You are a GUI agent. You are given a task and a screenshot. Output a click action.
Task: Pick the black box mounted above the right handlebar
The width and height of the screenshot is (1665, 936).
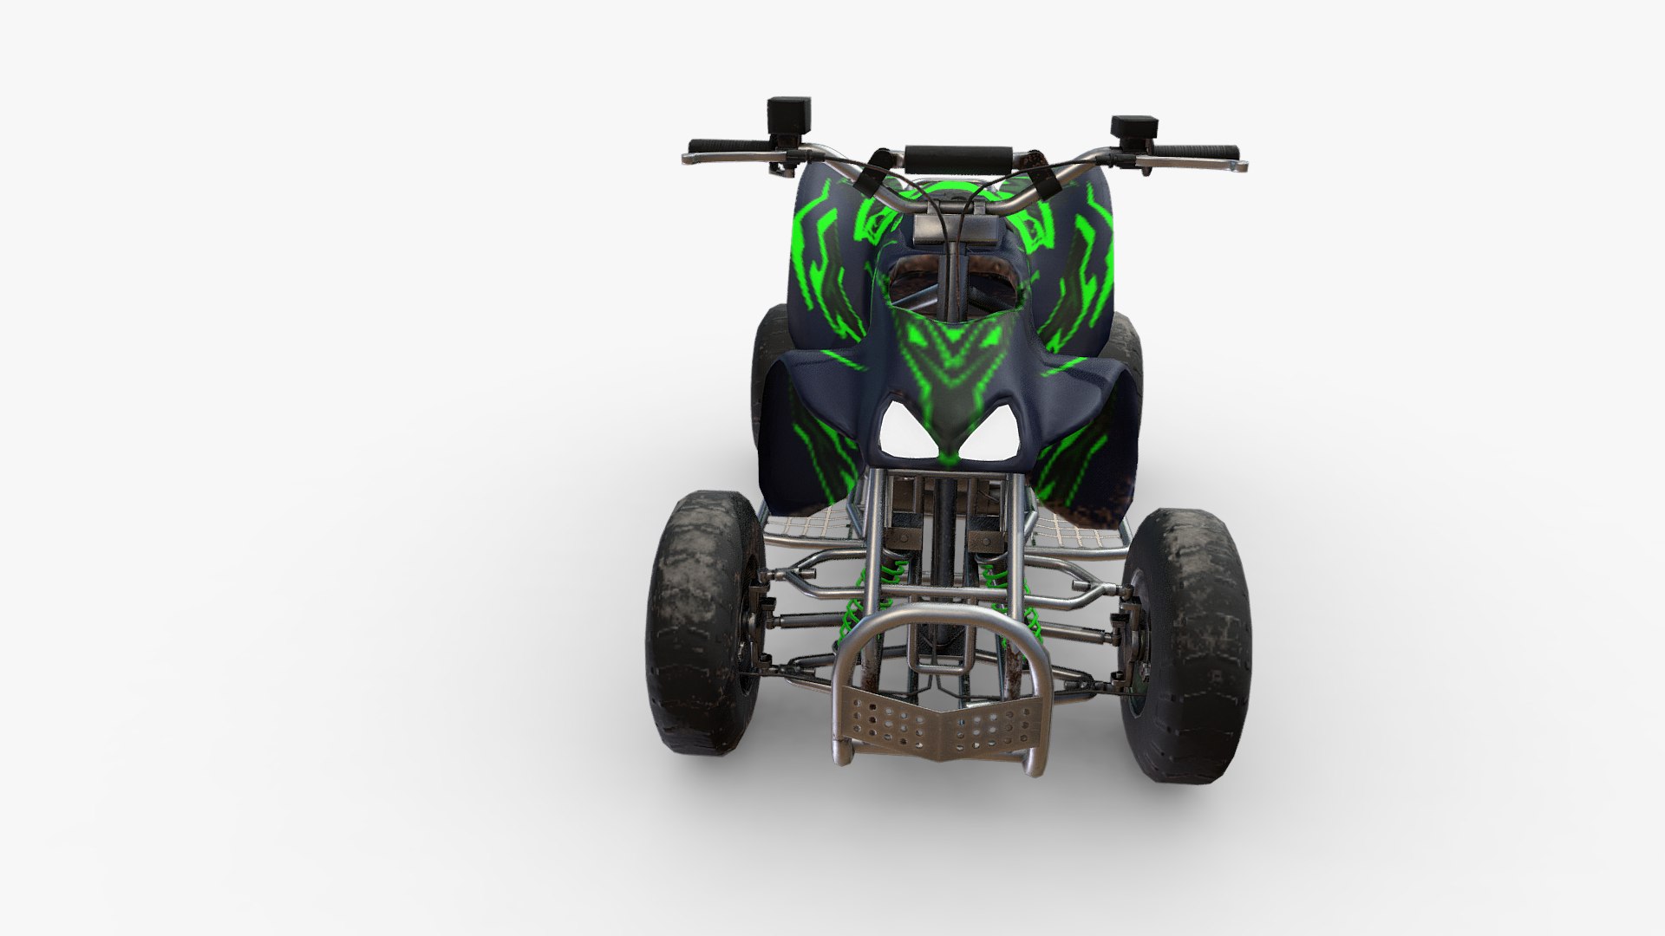[x=1133, y=128]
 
